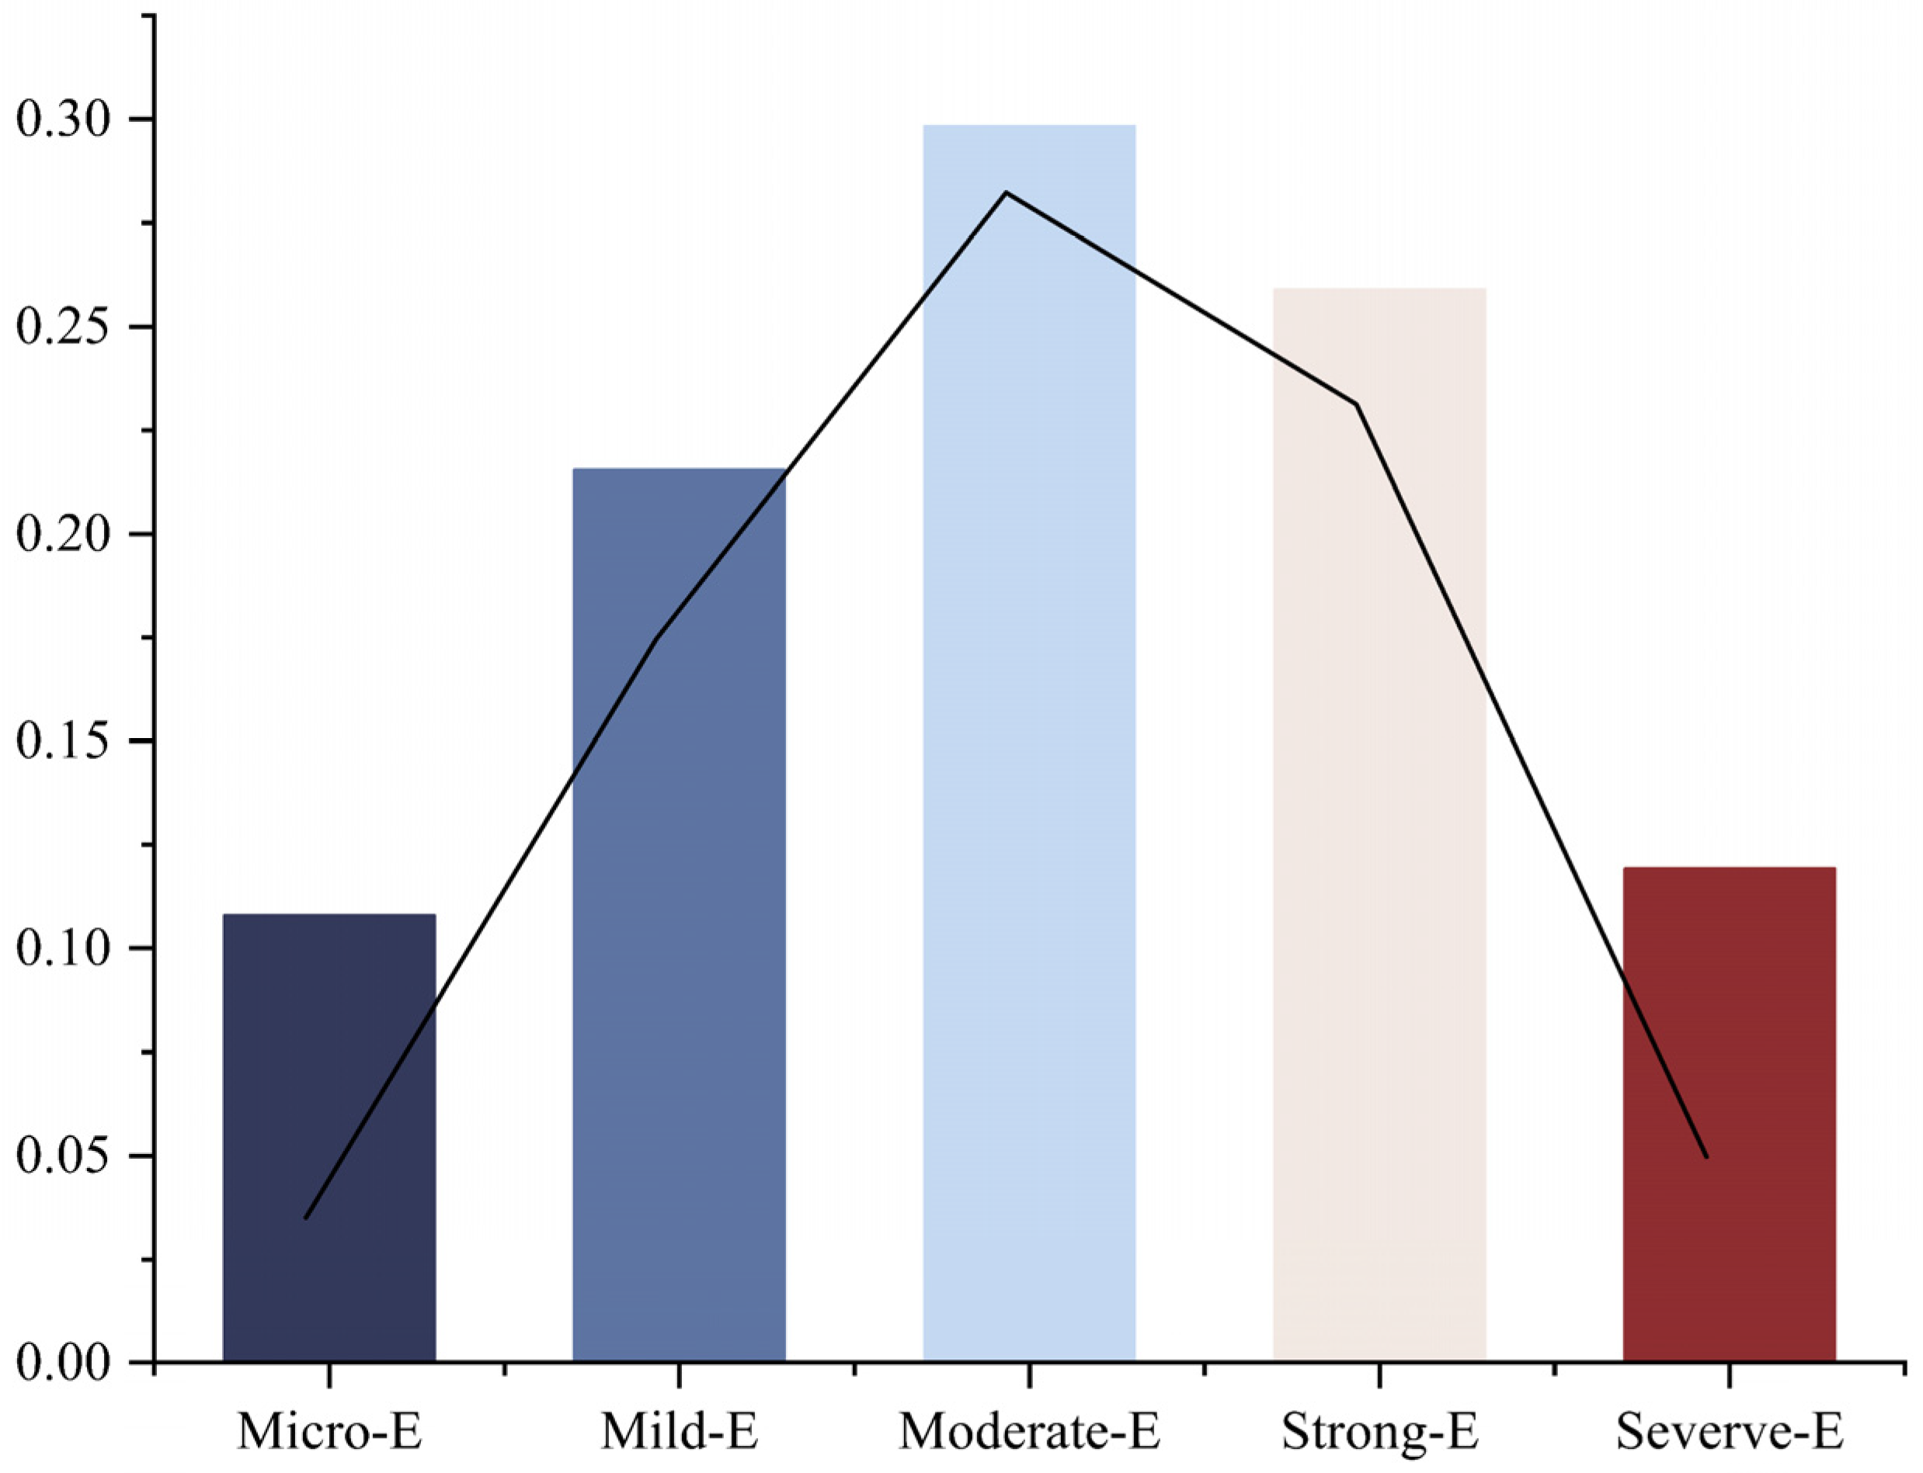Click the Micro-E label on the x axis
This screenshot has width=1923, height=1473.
329,1432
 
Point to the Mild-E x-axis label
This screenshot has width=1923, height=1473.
679,1432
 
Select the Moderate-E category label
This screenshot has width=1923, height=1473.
1029,1432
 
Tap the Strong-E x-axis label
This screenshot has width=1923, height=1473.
1379,1432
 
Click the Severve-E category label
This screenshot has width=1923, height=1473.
1729,1432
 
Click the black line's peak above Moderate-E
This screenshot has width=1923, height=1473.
1007,192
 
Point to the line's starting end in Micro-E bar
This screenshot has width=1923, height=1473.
305,1218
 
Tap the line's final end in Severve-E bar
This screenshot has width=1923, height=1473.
1706,1157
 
